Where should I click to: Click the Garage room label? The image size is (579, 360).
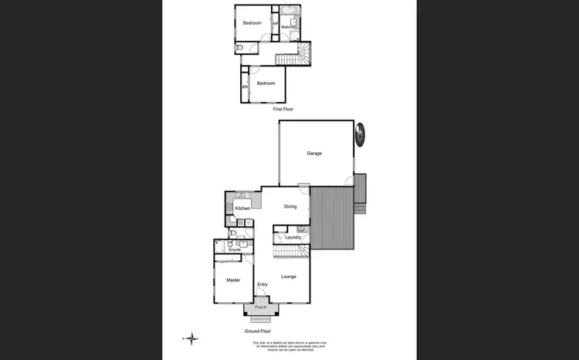(x=314, y=153)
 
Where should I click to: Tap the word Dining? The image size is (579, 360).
(x=290, y=206)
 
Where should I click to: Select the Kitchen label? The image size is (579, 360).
(x=242, y=209)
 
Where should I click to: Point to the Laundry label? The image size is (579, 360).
(x=293, y=237)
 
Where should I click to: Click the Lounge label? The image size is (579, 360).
(x=289, y=276)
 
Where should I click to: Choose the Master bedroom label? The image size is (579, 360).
(x=233, y=280)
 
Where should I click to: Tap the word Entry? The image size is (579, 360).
(x=262, y=284)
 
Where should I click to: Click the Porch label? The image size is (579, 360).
(x=261, y=307)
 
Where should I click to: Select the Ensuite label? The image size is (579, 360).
(x=235, y=250)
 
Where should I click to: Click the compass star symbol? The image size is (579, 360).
(x=192, y=338)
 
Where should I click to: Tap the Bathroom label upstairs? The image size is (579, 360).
(x=289, y=27)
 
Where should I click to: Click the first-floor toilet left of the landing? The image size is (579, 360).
(x=239, y=49)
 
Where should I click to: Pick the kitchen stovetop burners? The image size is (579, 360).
(x=230, y=206)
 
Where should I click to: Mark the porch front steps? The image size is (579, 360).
(x=261, y=318)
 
